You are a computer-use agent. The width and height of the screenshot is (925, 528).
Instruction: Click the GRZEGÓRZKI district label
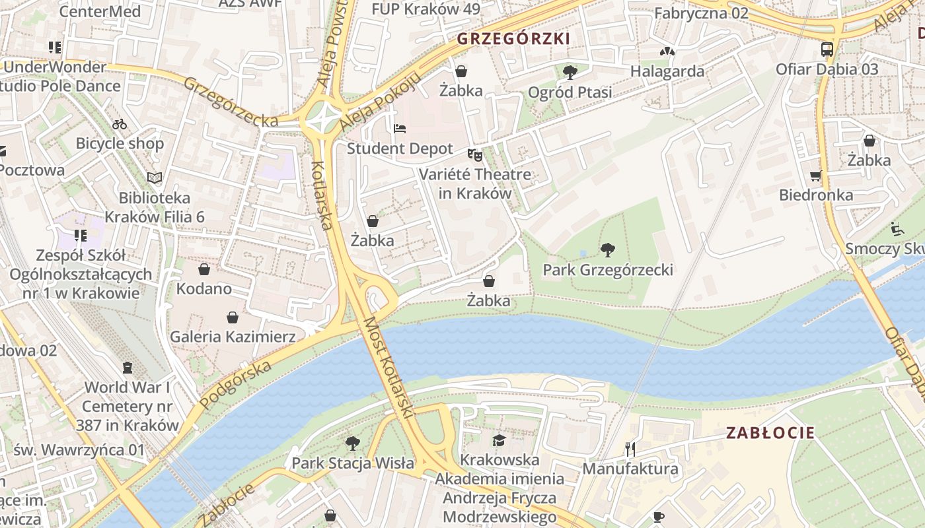pos(513,39)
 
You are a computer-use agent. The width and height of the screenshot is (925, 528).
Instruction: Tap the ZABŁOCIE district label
pos(770,433)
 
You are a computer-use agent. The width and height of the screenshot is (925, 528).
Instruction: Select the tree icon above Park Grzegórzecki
pos(608,250)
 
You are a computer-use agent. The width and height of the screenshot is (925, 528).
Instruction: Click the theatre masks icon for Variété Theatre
pos(475,155)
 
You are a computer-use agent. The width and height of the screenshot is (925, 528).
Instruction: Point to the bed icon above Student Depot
pos(400,129)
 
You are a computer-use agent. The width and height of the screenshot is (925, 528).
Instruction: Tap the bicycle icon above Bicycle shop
pos(120,123)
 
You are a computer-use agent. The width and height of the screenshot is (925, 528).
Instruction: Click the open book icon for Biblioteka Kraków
pos(155,178)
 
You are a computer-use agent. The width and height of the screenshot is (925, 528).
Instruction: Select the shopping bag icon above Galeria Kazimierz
pos(233,317)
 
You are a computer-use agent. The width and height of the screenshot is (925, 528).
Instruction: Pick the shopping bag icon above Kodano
pos(204,269)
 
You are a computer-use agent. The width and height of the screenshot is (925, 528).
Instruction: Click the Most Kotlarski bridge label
pos(388,368)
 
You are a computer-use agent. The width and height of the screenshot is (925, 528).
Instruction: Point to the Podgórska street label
pos(236,385)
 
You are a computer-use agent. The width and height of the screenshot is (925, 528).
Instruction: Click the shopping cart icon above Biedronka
pos(816,176)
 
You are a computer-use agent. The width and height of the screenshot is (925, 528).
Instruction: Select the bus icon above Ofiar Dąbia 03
pos(827,49)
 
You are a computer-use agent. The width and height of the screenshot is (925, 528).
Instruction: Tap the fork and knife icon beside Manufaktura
pos(630,449)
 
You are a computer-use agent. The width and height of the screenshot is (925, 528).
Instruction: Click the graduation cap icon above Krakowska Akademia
pos(499,440)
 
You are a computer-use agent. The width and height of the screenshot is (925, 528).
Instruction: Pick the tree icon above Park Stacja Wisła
pos(353,443)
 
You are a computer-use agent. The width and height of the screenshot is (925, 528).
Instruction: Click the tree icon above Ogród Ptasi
pos(570,72)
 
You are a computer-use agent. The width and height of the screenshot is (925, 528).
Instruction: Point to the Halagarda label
pos(667,71)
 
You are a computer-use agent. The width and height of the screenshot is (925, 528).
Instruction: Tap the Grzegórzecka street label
pos(231,102)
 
